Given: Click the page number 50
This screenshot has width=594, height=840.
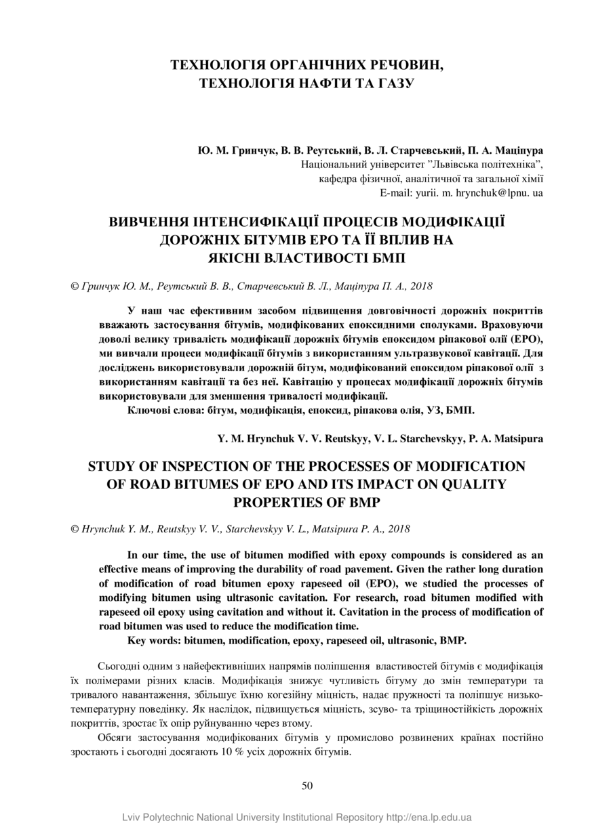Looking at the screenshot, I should coord(306,785).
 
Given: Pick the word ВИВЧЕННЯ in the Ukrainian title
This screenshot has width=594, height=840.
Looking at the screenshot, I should coord(151,223).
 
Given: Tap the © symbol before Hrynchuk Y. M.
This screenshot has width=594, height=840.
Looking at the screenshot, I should coord(75,528).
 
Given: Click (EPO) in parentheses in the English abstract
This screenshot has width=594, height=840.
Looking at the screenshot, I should coord(387,583).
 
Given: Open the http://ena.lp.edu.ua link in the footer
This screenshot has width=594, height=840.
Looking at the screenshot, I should coord(429,818).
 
